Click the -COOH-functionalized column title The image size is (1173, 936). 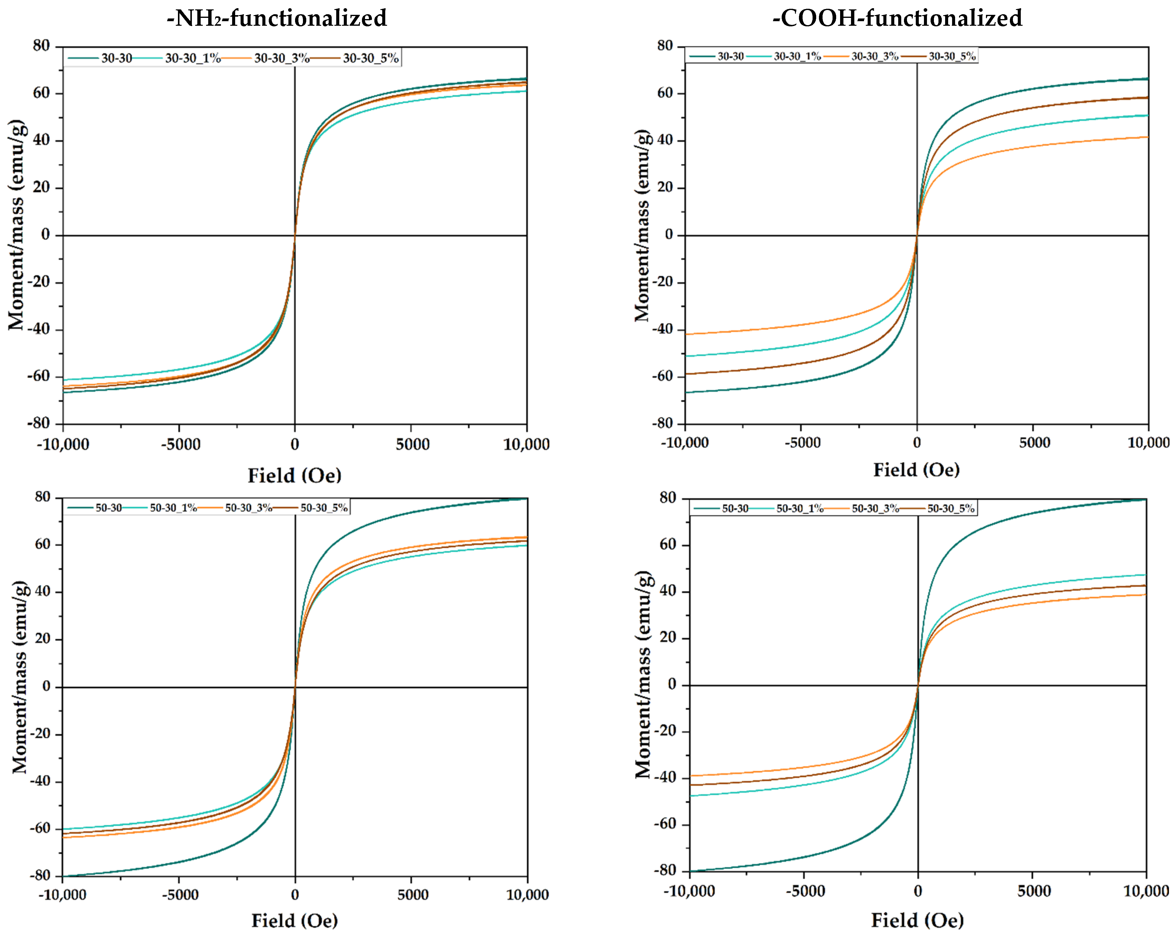pos(897,18)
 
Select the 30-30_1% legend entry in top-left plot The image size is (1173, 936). pos(192,58)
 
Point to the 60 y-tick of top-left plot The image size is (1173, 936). pos(41,93)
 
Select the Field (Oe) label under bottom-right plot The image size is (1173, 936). pos(917,920)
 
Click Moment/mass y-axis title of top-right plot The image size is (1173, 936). pos(642,226)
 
